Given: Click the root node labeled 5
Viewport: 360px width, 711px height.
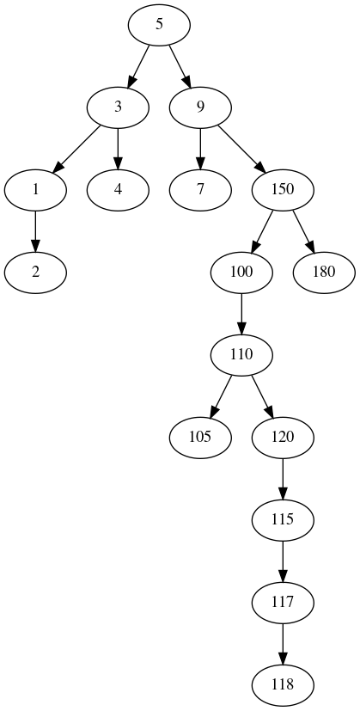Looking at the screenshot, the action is (159, 25).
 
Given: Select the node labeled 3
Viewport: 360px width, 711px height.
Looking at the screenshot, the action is (118, 107).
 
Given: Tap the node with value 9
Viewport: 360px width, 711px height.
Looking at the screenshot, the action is (200, 107).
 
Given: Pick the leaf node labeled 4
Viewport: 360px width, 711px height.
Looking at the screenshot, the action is (118, 190).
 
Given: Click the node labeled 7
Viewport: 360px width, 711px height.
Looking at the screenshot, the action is (200, 190).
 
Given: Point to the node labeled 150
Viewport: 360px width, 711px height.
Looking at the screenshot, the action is (283, 190).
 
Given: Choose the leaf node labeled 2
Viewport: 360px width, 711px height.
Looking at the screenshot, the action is (35, 273).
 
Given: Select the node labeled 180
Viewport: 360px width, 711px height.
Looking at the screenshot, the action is (324, 273).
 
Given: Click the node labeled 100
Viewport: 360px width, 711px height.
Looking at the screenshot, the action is (241, 273).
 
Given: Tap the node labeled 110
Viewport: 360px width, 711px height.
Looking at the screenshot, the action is (241, 355).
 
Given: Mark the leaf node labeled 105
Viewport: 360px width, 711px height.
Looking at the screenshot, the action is (200, 438).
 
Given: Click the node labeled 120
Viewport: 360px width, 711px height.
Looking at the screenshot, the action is (283, 438).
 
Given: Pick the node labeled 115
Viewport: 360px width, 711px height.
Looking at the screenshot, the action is (283, 520).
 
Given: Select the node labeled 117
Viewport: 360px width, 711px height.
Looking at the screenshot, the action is (283, 603).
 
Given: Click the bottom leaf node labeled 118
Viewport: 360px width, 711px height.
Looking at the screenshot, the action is (283, 685).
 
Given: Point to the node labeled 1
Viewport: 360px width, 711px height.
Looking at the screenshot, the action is (35, 190).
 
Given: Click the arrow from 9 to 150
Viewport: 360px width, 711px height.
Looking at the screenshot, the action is (241, 149).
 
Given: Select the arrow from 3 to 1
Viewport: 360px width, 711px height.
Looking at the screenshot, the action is (76, 149).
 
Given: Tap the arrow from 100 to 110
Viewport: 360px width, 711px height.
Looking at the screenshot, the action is (241, 314).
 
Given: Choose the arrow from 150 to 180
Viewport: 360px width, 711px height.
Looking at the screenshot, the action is (304, 231).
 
